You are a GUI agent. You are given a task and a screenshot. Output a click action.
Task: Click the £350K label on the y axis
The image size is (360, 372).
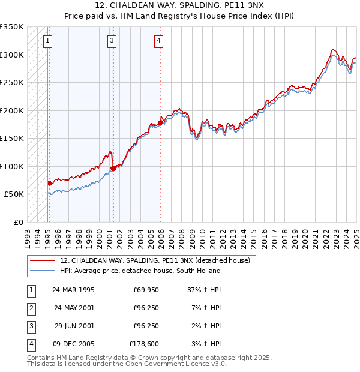(x=12, y=27)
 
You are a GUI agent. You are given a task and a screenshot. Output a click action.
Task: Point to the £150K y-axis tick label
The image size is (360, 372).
(x=12, y=139)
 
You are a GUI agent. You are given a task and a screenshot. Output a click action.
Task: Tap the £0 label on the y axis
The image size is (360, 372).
(x=18, y=223)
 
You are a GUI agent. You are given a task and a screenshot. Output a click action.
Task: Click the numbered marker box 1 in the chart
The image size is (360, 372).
(x=47, y=41)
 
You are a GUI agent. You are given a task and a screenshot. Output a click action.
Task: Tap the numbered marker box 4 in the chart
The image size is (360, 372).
(x=158, y=41)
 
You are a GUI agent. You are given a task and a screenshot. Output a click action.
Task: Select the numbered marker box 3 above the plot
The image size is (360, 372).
(x=112, y=41)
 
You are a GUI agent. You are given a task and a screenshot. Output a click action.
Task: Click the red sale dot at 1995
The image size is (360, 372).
(x=49, y=183)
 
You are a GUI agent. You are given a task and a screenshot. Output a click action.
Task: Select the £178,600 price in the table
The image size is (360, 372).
(x=144, y=344)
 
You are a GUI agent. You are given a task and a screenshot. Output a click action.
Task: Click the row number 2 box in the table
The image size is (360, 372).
(x=31, y=308)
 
